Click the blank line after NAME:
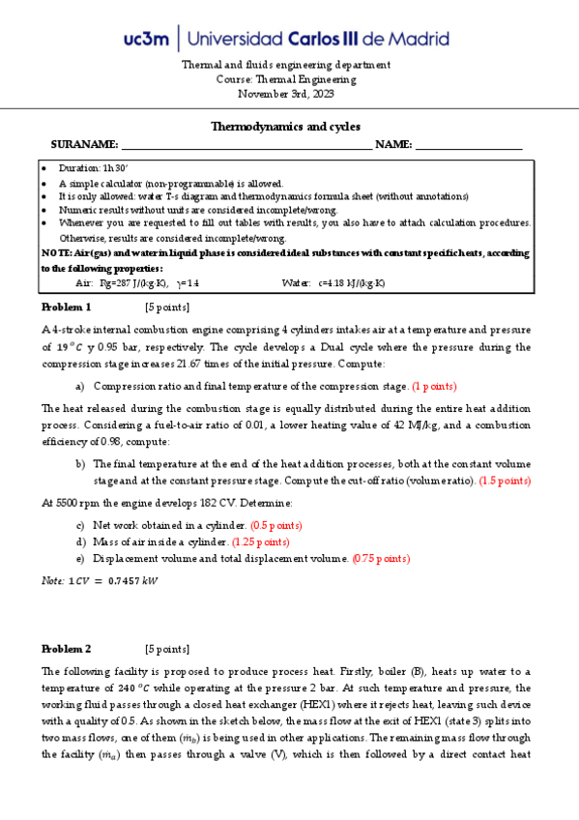pos(469,145)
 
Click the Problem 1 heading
pos(66,307)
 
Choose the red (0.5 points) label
pos(276,524)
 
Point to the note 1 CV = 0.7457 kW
pos(100,581)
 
